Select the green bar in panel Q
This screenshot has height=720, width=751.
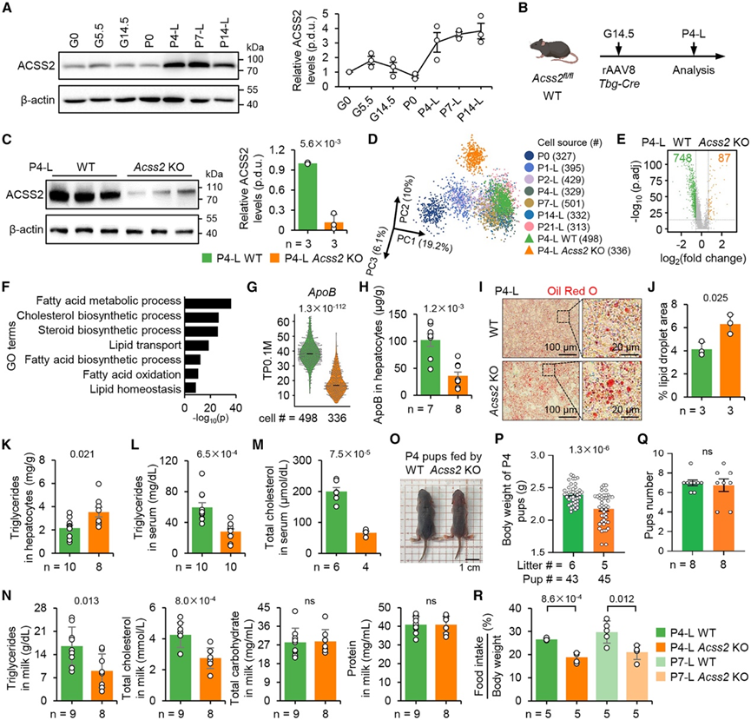(666, 502)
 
